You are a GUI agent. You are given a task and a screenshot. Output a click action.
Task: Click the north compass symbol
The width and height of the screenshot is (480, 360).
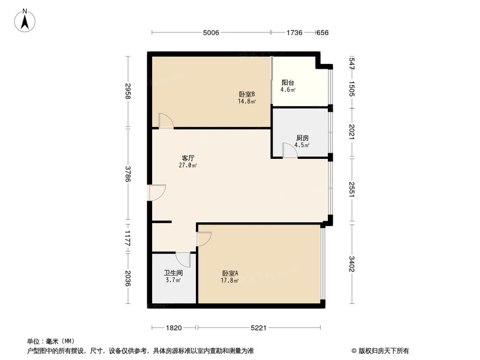(24, 20)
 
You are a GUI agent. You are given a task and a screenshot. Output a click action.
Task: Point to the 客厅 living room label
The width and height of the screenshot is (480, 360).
(188, 158)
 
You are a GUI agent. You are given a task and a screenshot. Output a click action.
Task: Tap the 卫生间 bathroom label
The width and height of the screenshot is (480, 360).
(173, 273)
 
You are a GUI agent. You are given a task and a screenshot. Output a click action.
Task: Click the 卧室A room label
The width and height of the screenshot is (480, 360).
(230, 273)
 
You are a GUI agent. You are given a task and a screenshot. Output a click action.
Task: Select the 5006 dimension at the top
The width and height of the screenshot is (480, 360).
(211, 33)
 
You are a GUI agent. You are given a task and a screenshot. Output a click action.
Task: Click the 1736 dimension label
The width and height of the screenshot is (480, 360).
(294, 33)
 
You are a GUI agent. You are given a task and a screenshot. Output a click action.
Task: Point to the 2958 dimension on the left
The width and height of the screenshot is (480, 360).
(128, 91)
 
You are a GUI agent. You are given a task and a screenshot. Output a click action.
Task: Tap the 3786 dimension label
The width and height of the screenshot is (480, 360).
(128, 174)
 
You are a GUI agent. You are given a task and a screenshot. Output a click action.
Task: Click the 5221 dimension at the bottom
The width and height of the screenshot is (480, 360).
(259, 328)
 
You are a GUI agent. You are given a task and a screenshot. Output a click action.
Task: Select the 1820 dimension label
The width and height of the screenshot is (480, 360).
(174, 328)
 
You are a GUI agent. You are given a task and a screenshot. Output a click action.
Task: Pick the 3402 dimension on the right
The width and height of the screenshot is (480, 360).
(352, 264)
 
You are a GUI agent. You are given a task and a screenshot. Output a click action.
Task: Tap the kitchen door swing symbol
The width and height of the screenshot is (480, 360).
(289, 150)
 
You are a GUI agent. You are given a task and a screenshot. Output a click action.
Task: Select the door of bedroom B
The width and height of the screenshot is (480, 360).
(166, 120)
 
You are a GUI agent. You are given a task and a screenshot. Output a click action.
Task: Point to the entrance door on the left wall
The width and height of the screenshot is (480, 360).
(156, 192)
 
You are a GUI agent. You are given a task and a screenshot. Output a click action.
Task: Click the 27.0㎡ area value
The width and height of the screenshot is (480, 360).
(188, 165)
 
